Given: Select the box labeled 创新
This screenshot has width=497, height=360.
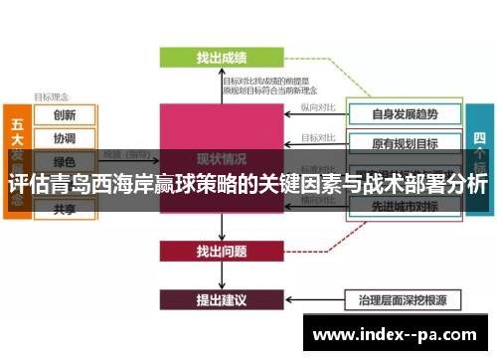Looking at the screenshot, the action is click(x=65, y=115).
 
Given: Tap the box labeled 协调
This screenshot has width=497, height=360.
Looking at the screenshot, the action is click(x=65, y=138).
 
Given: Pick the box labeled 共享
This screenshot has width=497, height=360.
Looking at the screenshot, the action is click(x=65, y=209).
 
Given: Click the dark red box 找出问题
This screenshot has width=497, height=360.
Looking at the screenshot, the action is click(x=221, y=251).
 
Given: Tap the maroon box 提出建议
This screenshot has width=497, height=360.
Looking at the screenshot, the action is click(x=221, y=298).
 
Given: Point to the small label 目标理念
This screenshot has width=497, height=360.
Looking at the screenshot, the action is click(x=52, y=97).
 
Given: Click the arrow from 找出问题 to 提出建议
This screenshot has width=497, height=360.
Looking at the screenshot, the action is click(x=221, y=274).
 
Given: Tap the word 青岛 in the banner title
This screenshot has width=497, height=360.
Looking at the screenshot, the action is click(x=87, y=185).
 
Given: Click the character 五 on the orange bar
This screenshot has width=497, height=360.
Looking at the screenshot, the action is click(x=17, y=124).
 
